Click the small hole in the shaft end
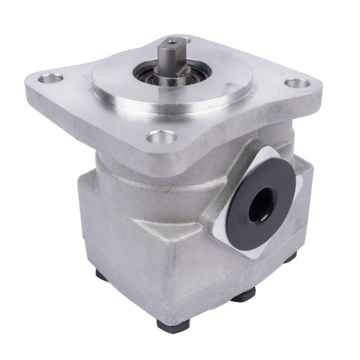coord(172,42)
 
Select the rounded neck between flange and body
coord(120,159)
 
